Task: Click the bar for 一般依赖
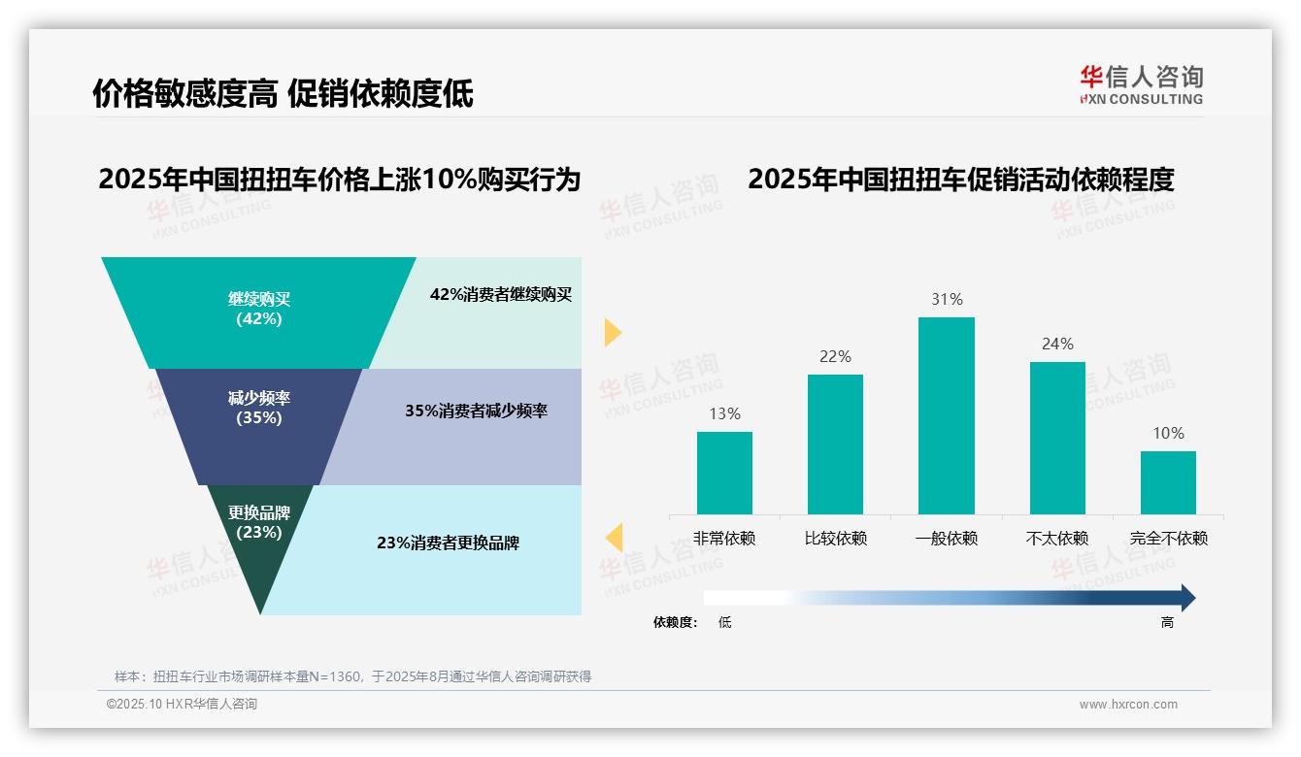[946, 415]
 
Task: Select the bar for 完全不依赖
[1168, 482]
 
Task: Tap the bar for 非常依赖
[724, 473]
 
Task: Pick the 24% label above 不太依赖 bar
[1057, 344]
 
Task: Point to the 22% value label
[835, 356]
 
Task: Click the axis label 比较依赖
[835, 538]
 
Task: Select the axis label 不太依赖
[1057, 538]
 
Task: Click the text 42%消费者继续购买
[501, 294]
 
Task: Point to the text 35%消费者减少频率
[476, 411]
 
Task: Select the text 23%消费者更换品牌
[448, 543]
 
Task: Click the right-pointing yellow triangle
[612, 332]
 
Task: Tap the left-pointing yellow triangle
[614, 537]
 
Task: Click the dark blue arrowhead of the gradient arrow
[1186, 598]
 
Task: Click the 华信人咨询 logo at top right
[1141, 84]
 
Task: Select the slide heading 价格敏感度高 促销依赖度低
[283, 93]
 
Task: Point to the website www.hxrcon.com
[1128, 704]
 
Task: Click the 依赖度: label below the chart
[675, 622]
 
